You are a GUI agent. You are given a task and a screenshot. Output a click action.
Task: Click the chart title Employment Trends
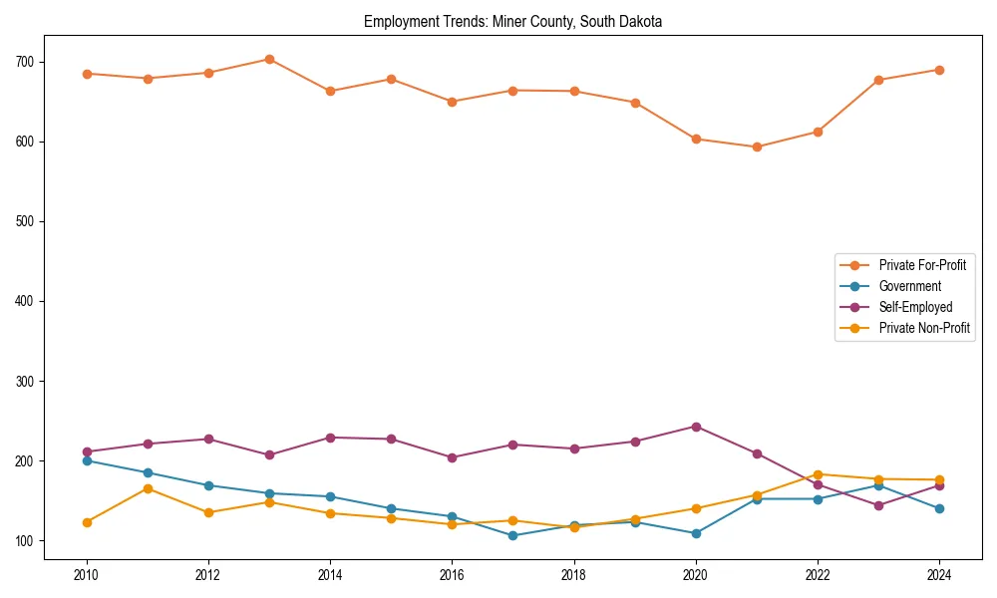tap(512, 21)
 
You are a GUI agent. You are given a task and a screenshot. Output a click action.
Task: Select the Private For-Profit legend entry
tap(921, 265)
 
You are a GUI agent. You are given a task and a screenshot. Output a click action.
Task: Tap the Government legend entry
tap(909, 286)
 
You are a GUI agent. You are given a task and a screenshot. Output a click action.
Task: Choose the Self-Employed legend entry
tap(915, 307)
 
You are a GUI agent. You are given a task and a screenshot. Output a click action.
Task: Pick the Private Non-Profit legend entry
tap(924, 328)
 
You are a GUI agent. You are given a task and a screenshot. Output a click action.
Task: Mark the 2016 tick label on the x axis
tap(452, 575)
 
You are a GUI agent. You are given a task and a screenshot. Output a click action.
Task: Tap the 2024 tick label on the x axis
tap(939, 575)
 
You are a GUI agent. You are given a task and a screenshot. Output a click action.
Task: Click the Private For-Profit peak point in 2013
tap(269, 60)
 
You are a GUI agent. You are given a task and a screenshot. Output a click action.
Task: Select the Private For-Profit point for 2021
tap(757, 148)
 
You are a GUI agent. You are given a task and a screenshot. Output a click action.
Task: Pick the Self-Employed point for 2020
tap(696, 427)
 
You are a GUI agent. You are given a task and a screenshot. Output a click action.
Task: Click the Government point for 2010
tap(87, 460)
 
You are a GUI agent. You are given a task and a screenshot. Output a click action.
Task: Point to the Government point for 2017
tap(512, 535)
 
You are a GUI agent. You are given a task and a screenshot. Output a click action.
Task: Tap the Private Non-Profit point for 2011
tap(148, 488)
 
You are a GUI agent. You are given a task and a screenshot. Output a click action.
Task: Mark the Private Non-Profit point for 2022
tap(818, 474)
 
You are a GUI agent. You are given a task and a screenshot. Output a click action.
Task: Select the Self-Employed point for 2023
tap(878, 505)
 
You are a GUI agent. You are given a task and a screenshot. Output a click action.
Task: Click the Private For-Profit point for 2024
tap(939, 70)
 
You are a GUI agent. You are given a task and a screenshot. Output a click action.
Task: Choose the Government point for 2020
tap(696, 533)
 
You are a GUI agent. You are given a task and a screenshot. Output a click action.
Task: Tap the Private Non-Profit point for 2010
tap(87, 522)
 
